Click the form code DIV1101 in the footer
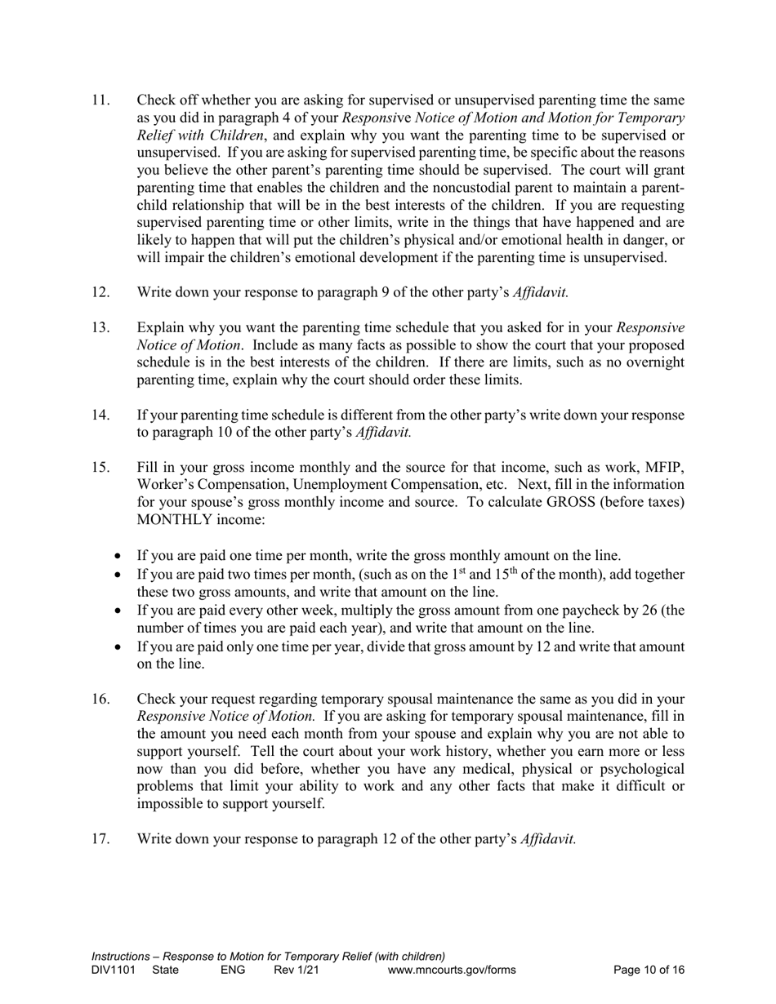click(113, 970)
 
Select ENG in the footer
click(233, 970)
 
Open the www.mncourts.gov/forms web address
click(452, 970)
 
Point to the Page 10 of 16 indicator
click(649, 970)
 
